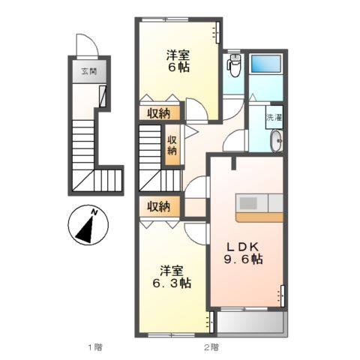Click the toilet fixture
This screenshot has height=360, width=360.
click(234, 65)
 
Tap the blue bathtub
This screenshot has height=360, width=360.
click(265, 64)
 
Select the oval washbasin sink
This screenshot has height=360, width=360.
click(277, 141)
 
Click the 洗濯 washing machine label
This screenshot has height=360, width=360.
click(274, 117)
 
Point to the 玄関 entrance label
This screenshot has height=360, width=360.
click(89, 71)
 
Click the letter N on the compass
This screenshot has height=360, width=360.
click(94, 212)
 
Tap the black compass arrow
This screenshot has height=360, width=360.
click(85, 229)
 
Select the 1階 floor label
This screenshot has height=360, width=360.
click(95, 347)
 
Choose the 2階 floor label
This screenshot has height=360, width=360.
click(211, 347)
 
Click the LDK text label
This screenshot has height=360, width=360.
click(242, 247)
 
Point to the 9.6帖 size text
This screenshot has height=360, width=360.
click(243, 259)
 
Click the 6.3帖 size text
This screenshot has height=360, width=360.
click(172, 283)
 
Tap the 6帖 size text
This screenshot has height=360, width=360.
click(178, 67)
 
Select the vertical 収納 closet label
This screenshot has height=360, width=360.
click(172, 145)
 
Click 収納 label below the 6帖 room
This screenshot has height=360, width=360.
click(158, 114)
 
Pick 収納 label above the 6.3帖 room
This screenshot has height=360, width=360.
click(158, 207)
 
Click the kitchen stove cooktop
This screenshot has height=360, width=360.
click(248, 203)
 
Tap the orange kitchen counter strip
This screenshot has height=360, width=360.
click(259, 217)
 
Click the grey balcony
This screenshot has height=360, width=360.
click(250, 322)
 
